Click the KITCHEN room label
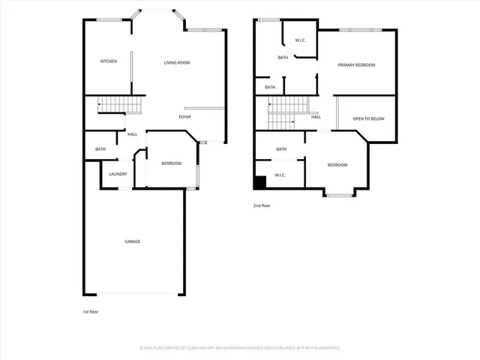coord(109,61)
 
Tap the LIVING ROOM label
coord(177,62)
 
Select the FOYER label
coord(184,117)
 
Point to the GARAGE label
coord(132,241)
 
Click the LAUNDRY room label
coord(118,174)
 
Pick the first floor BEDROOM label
coord(171,163)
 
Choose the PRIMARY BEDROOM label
coord(355,65)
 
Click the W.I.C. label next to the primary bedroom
coord(301,40)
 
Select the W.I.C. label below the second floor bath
coord(280,175)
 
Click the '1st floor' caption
coord(90,311)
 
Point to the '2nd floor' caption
coord(262,205)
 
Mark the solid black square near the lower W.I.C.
coord(260,183)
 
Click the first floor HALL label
coord(132,134)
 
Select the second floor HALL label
coord(316,117)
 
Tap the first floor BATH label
coord(100,149)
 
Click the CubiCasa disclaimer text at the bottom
coord(240,348)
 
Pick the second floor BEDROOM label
coord(337,164)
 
